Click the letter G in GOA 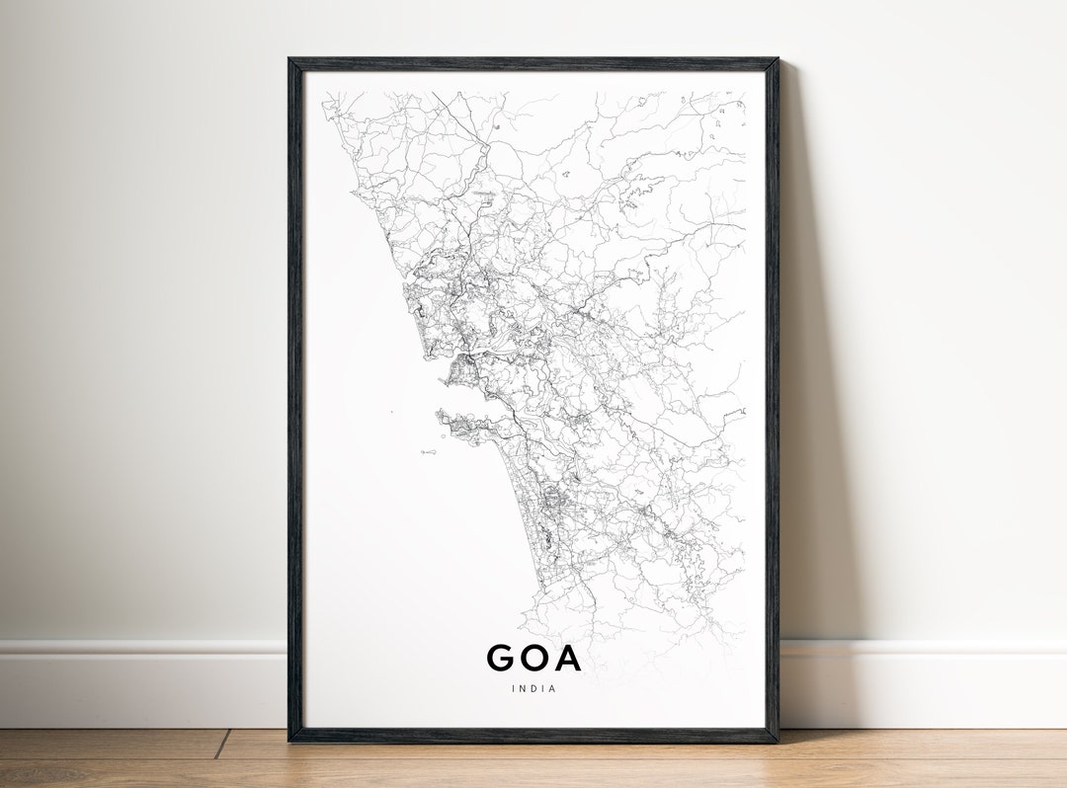coord(501,658)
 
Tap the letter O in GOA coord(534,658)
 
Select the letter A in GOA coord(567,658)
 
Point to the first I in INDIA coord(513,688)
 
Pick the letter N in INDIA coord(522,688)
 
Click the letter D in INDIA coord(533,688)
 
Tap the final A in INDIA coord(552,688)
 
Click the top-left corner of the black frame coord(289,59)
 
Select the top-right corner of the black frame coord(778,60)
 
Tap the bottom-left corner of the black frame coord(289,740)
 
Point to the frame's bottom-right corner coord(777,740)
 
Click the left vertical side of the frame coord(294,395)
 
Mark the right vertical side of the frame coord(772,395)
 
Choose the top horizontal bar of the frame coord(533,64)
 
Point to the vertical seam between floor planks coord(222,744)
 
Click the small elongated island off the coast coord(428,451)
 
